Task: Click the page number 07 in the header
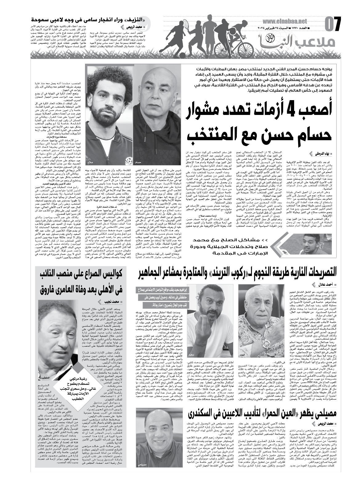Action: point(333,24)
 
